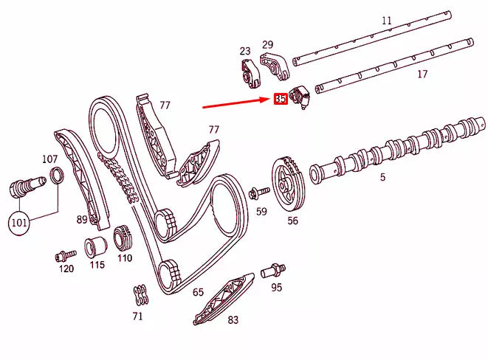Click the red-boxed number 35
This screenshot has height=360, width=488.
281,99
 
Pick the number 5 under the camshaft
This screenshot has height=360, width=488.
382,177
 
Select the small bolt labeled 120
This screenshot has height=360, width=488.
65,255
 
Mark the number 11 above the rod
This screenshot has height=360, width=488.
387,21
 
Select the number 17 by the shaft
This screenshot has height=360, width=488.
422,74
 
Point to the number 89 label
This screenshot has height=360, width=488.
81,219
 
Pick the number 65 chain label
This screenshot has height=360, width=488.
198,292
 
